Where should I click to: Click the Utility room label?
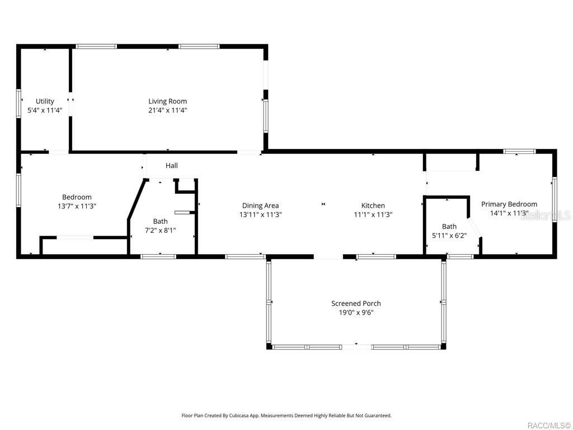tap(45, 101)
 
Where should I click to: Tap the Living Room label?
tap(167, 101)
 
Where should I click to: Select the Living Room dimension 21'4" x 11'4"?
tap(167, 110)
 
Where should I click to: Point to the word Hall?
tap(172, 166)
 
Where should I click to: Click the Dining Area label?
tap(261, 205)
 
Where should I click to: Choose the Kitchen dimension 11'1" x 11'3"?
tap(373, 214)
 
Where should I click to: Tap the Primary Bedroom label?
tap(509, 204)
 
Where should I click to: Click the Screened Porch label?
tap(356, 303)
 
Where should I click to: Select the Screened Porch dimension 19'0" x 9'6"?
tap(356, 312)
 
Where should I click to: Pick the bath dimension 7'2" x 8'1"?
tap(161, 230)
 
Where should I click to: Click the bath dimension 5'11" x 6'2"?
tap(449, 236)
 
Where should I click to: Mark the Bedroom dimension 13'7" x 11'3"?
tap(77, 206)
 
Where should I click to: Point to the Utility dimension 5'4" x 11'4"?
tap(45, 110)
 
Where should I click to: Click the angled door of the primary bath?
tap(475, 228)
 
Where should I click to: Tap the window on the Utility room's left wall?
tap(18, 104)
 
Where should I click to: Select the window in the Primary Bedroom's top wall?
tap(519, 151)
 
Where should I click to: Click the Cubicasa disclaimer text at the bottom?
tap(286, 415)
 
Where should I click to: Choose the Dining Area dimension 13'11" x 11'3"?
tap(261, 214)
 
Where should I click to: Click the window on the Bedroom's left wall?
tap(18, 190)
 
